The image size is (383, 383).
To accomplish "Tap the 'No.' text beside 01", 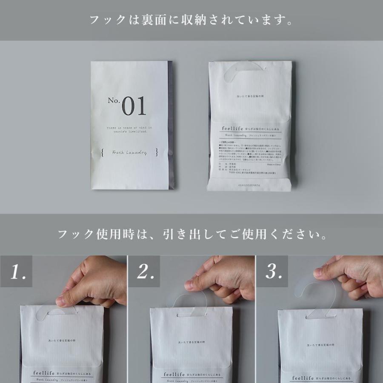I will (x=113, y=101).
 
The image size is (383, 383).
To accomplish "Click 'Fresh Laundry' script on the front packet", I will (x=129, y=152).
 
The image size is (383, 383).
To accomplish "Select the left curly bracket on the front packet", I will (x=103, y=152).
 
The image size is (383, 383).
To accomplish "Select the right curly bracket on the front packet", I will (x=157, y=152).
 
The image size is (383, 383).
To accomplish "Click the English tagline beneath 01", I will (x=130, y=130).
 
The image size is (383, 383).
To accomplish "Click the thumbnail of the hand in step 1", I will (x=64, y=301).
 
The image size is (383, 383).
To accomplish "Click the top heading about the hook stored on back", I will (x=191, y=20).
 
